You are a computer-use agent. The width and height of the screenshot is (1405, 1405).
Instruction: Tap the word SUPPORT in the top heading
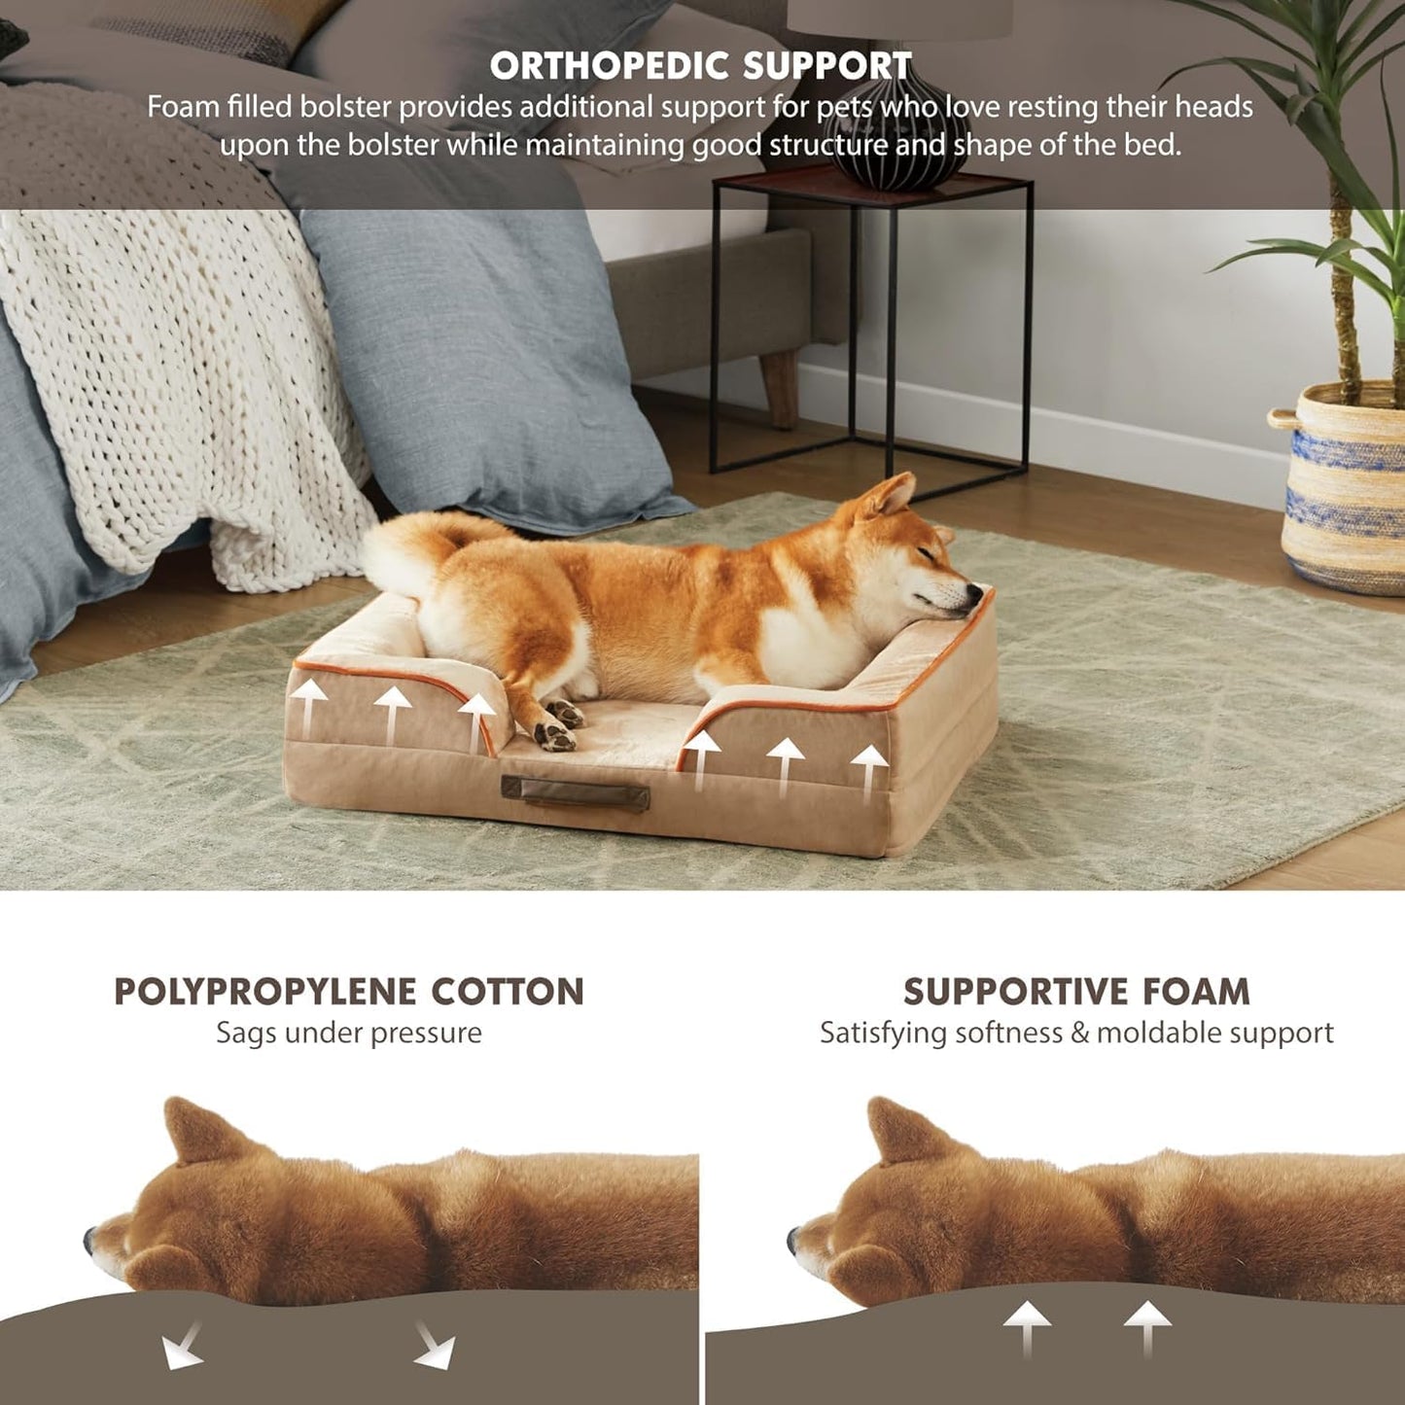(x=825, y=66)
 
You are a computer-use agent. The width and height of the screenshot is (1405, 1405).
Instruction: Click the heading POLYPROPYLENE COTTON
(x=349, y=992)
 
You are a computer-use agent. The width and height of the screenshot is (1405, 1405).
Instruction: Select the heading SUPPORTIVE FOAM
(x=1076, y=992)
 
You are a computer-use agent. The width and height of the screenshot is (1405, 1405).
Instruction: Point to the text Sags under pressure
(x=349, y=1033)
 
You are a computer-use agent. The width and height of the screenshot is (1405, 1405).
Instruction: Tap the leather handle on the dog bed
(x=575, y=793)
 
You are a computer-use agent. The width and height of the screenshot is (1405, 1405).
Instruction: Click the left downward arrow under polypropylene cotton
(x=182, y=1347)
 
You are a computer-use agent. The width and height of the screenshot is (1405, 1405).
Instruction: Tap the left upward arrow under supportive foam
(x=1027, y=1327)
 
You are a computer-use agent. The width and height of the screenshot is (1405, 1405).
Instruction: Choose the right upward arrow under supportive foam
(x=1147, y=1327)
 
